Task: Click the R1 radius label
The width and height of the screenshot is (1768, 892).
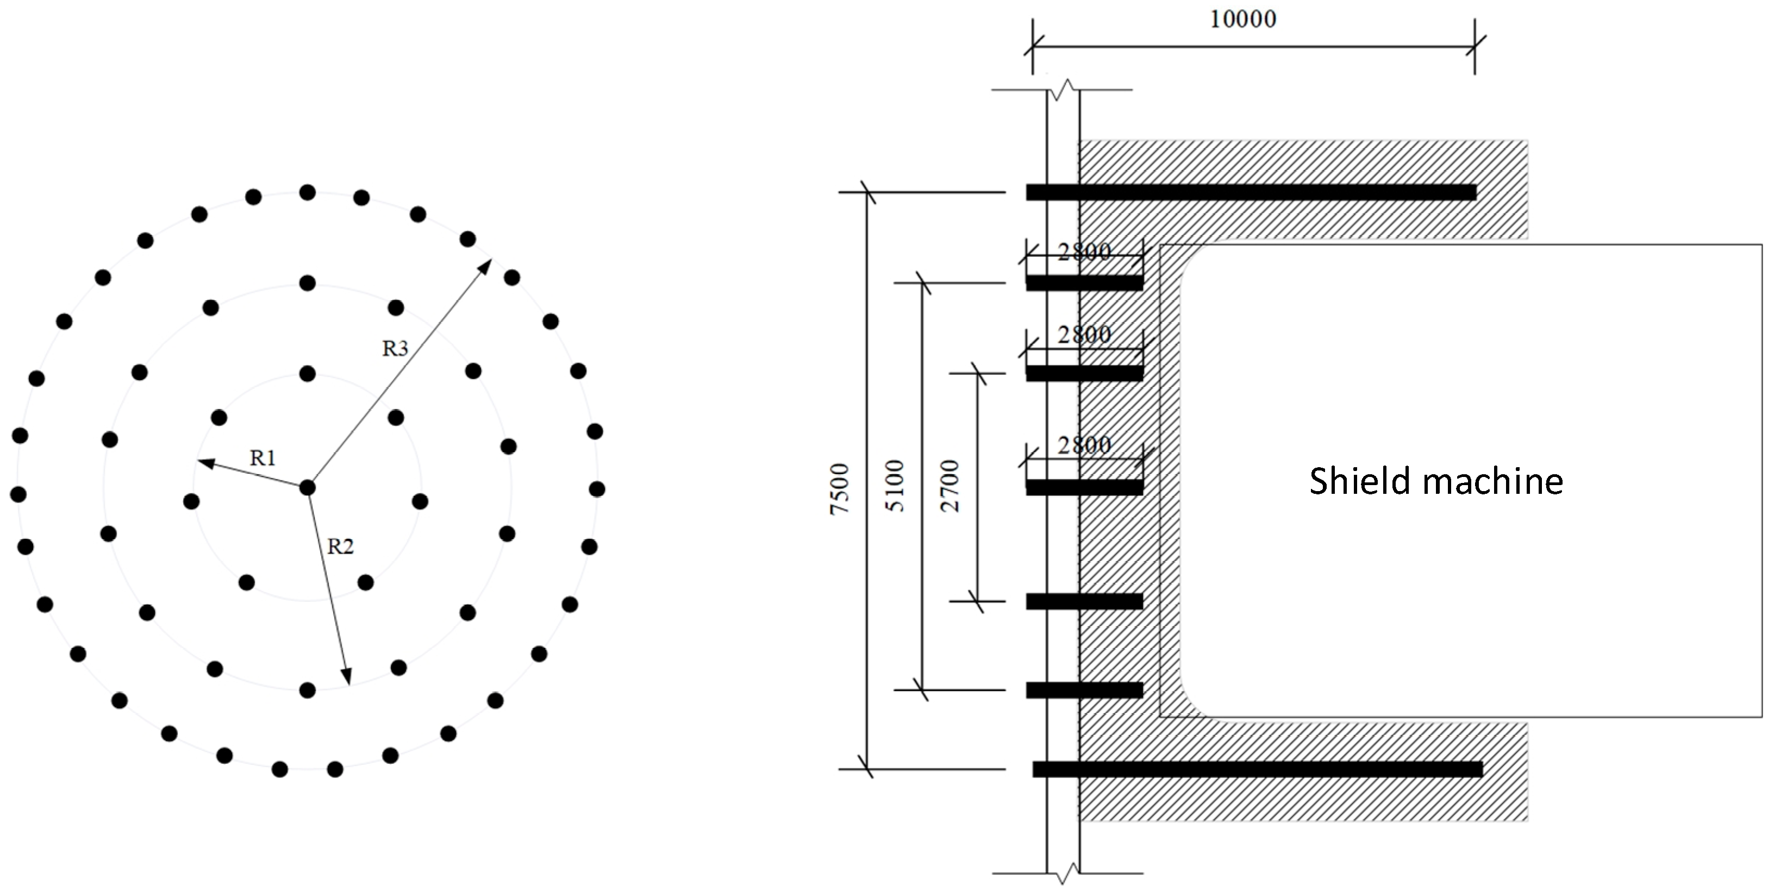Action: coord(263,457)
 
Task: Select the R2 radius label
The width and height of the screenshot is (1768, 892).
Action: coord(340,547)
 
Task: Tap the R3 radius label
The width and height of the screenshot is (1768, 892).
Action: coord(395,349)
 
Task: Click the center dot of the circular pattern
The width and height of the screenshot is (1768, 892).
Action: coord(308,488)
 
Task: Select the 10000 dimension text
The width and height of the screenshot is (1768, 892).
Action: coord(1243,19)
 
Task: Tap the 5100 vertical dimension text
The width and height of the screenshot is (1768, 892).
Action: coord(896,486)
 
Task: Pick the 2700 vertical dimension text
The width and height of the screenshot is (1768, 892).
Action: coord(951,486)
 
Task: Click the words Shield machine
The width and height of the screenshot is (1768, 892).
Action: coord(1436,481)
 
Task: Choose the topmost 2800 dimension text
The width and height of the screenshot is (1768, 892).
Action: coord(1084,253)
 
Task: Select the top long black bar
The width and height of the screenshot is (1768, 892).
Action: coord(1251,193)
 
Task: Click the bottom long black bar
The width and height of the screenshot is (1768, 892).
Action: coord(1257,769)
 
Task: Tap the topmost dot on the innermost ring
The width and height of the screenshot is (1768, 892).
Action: coord(308,374)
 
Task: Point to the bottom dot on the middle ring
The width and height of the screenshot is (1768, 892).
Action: coord(308,689)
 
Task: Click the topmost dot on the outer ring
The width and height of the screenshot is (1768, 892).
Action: coord(308,193)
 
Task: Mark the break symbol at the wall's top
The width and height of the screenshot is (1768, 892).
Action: coord(1063,90)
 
